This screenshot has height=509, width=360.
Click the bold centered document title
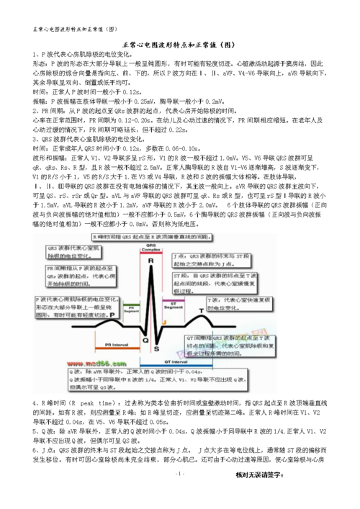(x=179, y=43)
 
